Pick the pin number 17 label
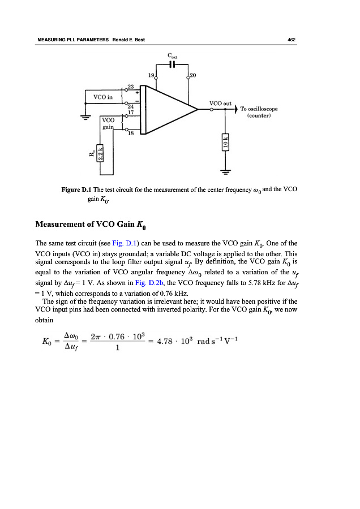[130, 112]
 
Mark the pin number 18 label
[130, 134]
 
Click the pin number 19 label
[151, 75]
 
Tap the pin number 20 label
[193, 75]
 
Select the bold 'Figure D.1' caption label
[76, 189]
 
